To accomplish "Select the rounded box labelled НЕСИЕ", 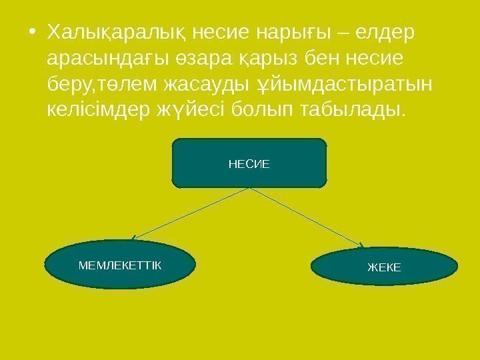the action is [x=249, y=162].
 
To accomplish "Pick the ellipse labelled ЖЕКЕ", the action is [x=385, y=267].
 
